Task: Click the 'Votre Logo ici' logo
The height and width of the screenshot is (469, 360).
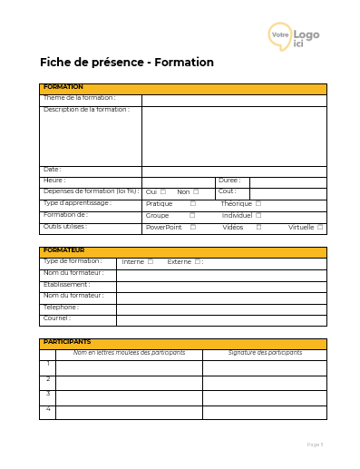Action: pos(294,35)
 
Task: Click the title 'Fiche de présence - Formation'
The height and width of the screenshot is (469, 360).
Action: pos(127,63)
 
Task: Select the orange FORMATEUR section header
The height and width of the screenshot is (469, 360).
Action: pos(182,251)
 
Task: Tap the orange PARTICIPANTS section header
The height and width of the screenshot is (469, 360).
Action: pos(182,343)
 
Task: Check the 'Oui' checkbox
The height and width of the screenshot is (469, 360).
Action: pos(163,192)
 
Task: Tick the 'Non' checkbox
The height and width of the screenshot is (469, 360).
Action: pos(196,192)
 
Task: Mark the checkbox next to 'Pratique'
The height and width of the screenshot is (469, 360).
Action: pos(192,204)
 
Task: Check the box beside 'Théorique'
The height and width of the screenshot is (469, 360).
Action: pos(258,204)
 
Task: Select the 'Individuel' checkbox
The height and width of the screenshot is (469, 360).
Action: pos(258,216)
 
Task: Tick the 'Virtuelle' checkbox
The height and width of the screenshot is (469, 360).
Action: pos(320,228)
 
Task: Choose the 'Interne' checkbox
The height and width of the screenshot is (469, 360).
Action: pos(151,262)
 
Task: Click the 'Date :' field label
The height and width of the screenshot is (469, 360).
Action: pos(53,170)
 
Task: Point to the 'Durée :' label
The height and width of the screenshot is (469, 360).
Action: pos(229,181)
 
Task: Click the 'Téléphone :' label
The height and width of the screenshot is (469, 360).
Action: pos(62,308)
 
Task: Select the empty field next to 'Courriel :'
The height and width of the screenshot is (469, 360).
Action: pos(221,319)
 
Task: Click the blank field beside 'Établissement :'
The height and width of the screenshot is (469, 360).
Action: pos(221,285)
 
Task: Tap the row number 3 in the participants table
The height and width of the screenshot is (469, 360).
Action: pos(48,395)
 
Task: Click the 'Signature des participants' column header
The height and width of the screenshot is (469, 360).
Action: pos(265,353)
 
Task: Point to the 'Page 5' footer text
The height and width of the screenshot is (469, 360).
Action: pos(315,445)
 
